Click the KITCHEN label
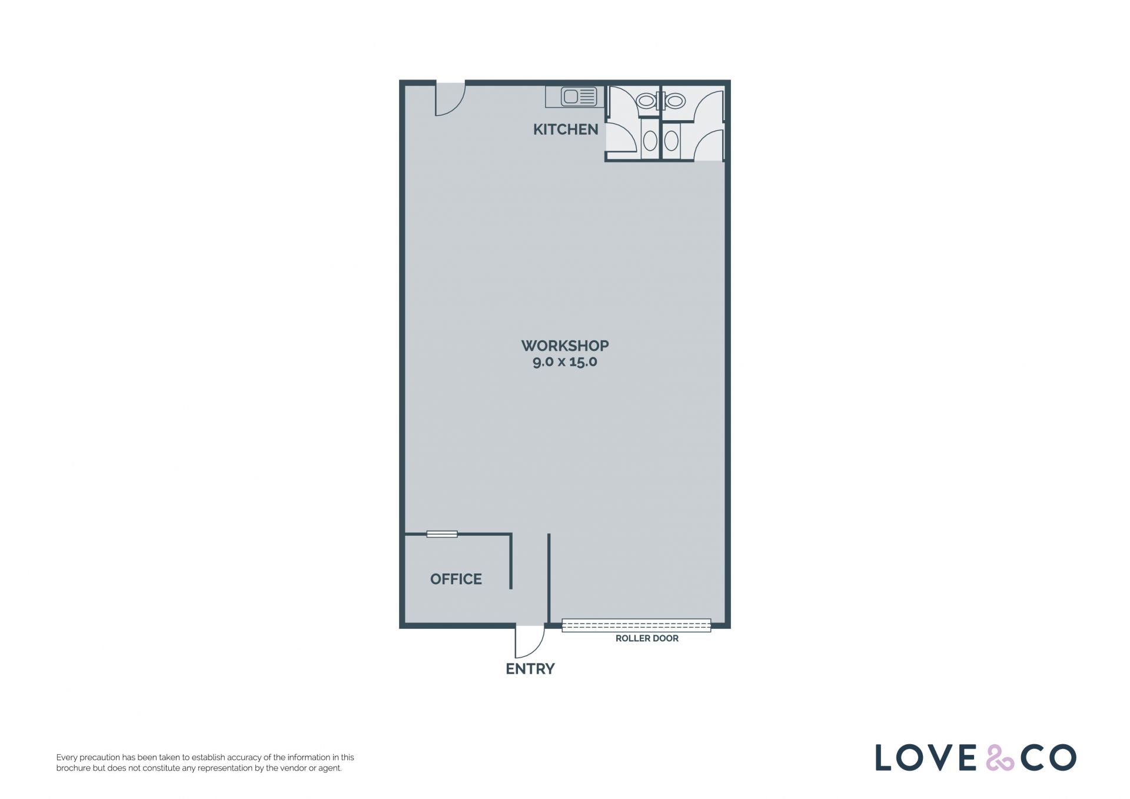pyautogui.click(x=565, y=130)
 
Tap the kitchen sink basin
pyautogui.click(x=571, y=97)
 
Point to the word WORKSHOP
pyautogui.click(x=565, y=346)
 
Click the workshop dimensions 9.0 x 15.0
pyautogui.click(x=565, y=362)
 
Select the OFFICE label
pyautogui.click(x=456, y=579)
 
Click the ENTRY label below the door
pyautogui.click(x=530, y=669)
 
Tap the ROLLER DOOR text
pyautogui.click(x=647, y=638)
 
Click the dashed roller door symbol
pyautogui.click(x=636, y=625)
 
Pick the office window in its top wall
pyautogui.click(x=442, y=534)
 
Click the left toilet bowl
pyautogui.click(x=646, y=101)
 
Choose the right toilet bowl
pyautogui.click(x=674, y=101)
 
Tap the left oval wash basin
pyautogui.click(x=650, y=141)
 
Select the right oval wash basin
pyautogui.click(x=672, y=141)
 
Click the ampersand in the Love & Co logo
pyautogui.click(x=1001, y=758)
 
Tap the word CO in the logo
pyautogui.click(x=1049, y=758)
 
